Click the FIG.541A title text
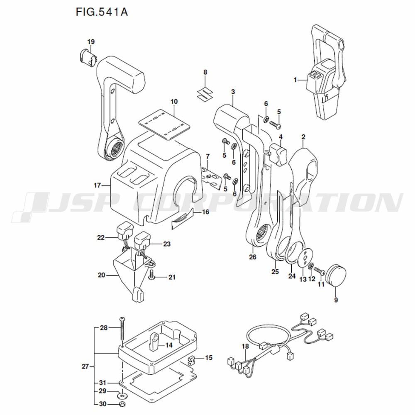pyautogui.click(x=102, y=12)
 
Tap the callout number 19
pyautogui.click(x=91, y=41)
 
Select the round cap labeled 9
pyautogui.click(x=336, y=275)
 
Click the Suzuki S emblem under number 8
pyautogui.click(x=205, y=93)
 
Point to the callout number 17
pyautogui.click(x=98, y=185)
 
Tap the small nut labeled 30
pyautogui.click(x=122, y=404)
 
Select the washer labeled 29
pyautogui.click(x=122, y=395)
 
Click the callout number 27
pyautogui.click(x=85, y=366)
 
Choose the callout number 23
pyautogui.click(x=167, y=244)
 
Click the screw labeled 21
pyautogui.click(x=151, y=276)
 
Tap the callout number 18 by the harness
pyautogui.click(x=245, y=346)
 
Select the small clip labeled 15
pyautogui.click(x=191, y=359)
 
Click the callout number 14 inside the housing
pyautogui.click(x=169, y=345)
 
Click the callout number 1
pyautogui.click(x=295, y=79)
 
